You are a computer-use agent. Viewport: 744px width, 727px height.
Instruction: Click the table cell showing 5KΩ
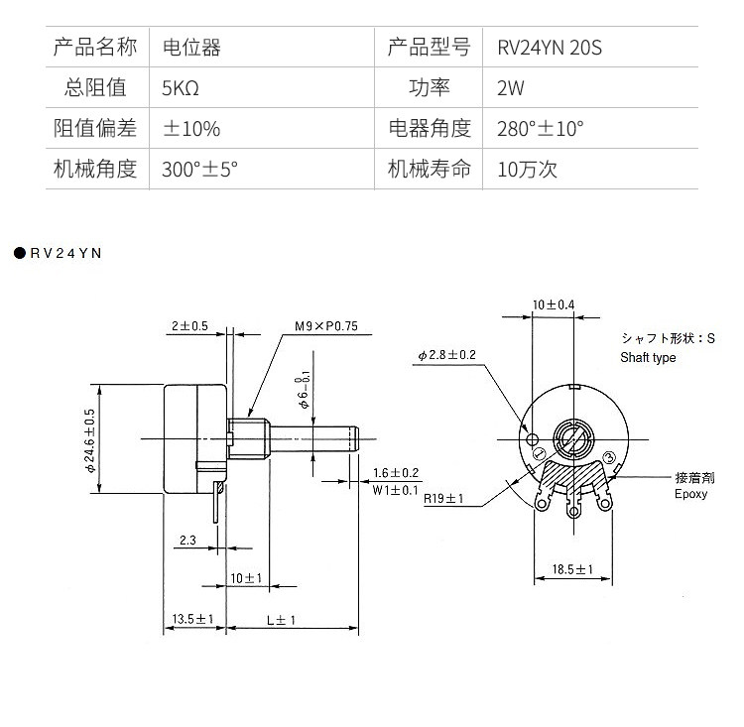tap(181, 88)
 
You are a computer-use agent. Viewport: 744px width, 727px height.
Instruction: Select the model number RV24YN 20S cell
tap(550, 48)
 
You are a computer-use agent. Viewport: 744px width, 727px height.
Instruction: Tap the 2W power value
tap(511, 88)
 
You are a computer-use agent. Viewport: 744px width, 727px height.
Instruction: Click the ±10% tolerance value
tap(191, 129)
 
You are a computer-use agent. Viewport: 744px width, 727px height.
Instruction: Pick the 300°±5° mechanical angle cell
tap(199, 170)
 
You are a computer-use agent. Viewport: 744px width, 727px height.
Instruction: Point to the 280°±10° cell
tap(541, 129)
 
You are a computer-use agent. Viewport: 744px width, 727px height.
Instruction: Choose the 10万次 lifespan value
tap(527, 170)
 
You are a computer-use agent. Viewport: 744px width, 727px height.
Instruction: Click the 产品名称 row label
tap(95, 48)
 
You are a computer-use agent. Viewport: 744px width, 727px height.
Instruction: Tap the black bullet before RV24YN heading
tap(20, 253)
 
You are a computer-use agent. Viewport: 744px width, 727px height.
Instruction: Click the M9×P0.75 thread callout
tap(326, 326)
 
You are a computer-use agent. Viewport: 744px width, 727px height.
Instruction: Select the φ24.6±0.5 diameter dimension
tap(89, 440)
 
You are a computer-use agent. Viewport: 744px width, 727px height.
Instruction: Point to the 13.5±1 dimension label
tap(192, 619)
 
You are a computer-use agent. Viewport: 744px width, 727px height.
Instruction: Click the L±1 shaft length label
tap(281, 620)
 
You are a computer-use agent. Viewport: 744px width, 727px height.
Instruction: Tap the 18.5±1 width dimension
tap(572, 569)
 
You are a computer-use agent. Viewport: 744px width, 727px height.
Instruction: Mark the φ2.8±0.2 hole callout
tap(447, 354)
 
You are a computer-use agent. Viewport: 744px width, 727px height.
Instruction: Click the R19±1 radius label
tap(443, 498)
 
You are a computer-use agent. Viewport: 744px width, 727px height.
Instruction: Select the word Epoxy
tap(690, 494)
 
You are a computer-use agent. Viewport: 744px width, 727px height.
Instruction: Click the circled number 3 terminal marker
tap(609, 457)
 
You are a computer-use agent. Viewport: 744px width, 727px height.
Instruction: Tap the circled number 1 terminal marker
tap(539, 453)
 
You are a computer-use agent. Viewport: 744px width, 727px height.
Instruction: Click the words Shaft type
tap(648, 357)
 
